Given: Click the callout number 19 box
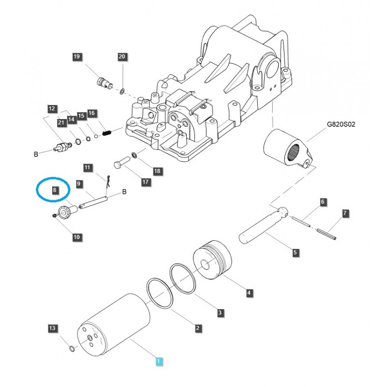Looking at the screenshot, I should coord(76,57).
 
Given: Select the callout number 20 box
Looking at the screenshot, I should coord(122,57).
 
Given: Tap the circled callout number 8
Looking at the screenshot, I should coord(55,191).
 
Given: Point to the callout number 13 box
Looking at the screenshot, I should coord(52,329).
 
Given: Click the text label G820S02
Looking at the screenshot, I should coord(341,124).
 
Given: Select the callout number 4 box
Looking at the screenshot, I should coord(249,292).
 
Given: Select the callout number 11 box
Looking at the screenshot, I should coord(87,168).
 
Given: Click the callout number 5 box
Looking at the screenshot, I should coord(296,252).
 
